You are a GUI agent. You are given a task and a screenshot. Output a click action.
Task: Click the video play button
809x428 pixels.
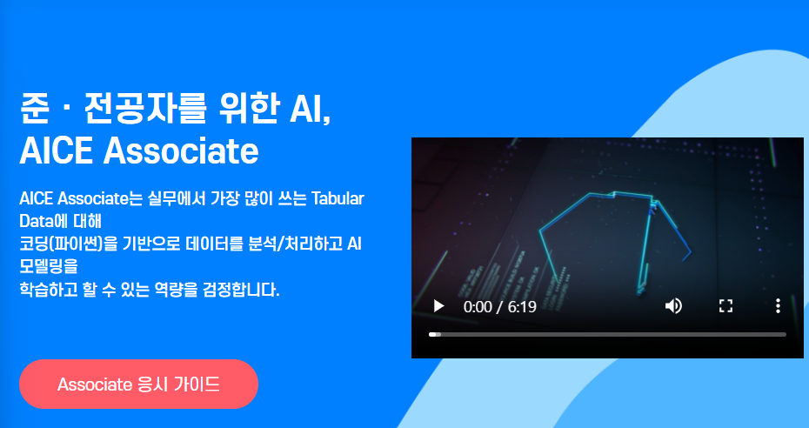[439, 306]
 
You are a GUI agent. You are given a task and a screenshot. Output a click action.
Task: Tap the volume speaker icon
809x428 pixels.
[673, 306]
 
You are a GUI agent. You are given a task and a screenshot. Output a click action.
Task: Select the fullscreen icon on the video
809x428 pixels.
[726, 306]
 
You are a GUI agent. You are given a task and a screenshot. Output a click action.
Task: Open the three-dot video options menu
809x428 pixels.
[778, 306]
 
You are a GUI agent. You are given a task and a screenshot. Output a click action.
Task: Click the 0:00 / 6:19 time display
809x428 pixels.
[500, 307]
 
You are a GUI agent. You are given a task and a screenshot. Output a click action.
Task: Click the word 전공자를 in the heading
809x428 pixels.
[138, 110]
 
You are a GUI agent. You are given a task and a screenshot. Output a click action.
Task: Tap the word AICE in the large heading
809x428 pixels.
[56, 151]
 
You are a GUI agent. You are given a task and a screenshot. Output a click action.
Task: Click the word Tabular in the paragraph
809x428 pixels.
[338, 198]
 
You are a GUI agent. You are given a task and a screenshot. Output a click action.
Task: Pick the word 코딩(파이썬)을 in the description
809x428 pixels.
[68, 244]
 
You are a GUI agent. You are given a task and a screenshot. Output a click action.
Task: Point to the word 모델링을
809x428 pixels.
[48, 266]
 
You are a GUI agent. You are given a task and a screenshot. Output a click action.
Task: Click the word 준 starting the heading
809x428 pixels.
[34, 110]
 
